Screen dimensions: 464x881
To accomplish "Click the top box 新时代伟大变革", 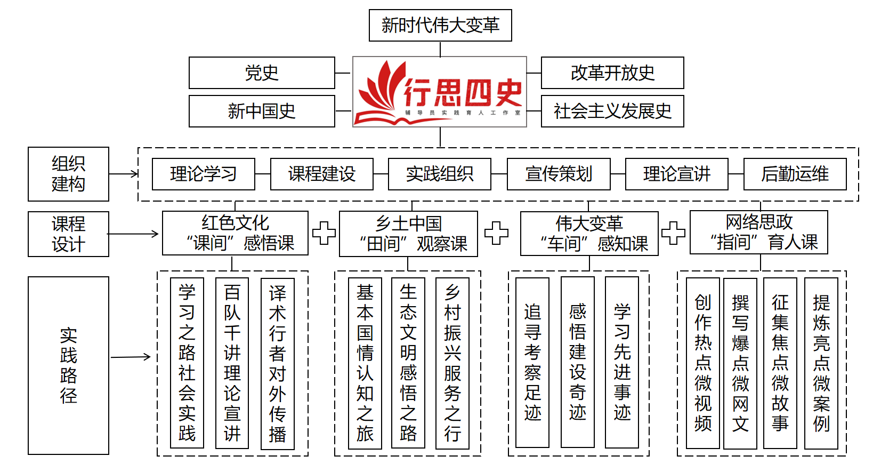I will pyautogui.click(x=440, y=25).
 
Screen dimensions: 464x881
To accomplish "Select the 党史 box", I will pyautogui.click(x=262, y=73).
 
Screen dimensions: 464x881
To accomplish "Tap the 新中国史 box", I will pyautogui.click(x=262, y=111).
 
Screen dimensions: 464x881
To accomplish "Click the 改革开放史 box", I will pyautogui.click(x=612, y=73).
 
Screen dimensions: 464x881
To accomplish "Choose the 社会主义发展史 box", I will pyautogui.click(x=612, y=111).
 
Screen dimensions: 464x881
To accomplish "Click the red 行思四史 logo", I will pyautogui.click(x=440, y=92).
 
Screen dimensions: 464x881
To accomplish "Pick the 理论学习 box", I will pyautogui.click(x=204, y=174).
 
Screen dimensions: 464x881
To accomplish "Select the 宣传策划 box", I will pyautogui.click(x=559, y=174).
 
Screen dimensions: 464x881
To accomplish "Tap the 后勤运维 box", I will pyautogui.click(x=795, y=174).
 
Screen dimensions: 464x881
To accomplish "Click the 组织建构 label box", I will pyautogui.click(x=68, y=174).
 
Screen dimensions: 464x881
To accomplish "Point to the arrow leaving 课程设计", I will pyautogui.click(x=133, y=234).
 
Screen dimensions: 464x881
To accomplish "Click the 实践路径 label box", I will pyautogui.click(x=68, y=365).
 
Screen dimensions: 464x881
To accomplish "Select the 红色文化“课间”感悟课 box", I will pyautogui.click(x=235, y=233).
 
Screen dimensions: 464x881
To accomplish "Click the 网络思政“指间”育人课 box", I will pyautogui.click(x=758, y=232).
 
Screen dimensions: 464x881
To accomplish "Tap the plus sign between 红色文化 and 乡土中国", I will pyautogui.click(x=324, y=233).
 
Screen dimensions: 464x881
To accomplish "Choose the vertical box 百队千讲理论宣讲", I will pyautogui.click(x=232, y=363).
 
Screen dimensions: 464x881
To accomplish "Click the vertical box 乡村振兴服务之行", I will pyautogui.click(x=452, y=363).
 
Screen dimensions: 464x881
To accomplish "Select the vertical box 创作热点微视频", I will pyautogui.click(x=703, y=363).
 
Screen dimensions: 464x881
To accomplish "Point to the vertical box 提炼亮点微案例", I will pyautogui.click(x=821, y=363).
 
